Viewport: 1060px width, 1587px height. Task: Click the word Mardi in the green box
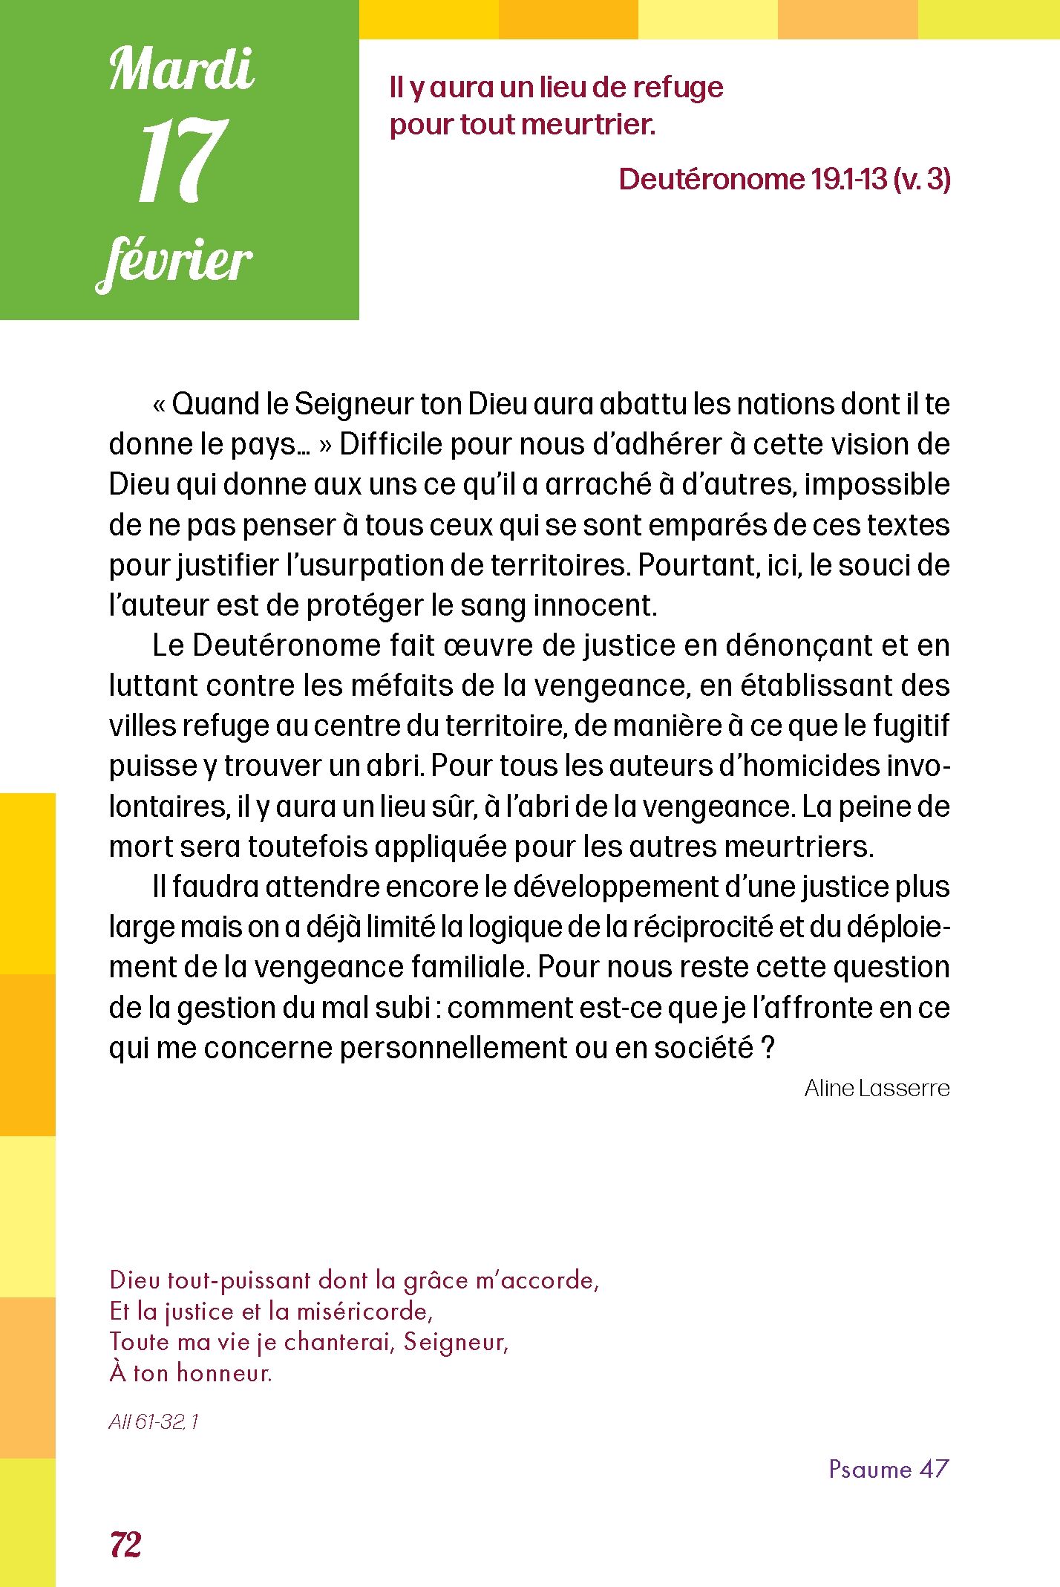[182, 70]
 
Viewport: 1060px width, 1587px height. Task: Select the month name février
[176, 262]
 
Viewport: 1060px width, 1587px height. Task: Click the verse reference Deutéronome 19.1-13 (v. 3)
[784, 179]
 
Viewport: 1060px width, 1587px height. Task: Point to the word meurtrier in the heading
[588, 124]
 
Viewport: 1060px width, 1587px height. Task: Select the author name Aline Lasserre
[877, 1088]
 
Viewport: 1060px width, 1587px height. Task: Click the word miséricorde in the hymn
[364, 1311]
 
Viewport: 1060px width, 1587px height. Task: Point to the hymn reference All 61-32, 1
[154, 1421]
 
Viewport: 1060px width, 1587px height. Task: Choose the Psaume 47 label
[889, 1468]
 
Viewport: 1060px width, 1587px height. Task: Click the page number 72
[125, 1544]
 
